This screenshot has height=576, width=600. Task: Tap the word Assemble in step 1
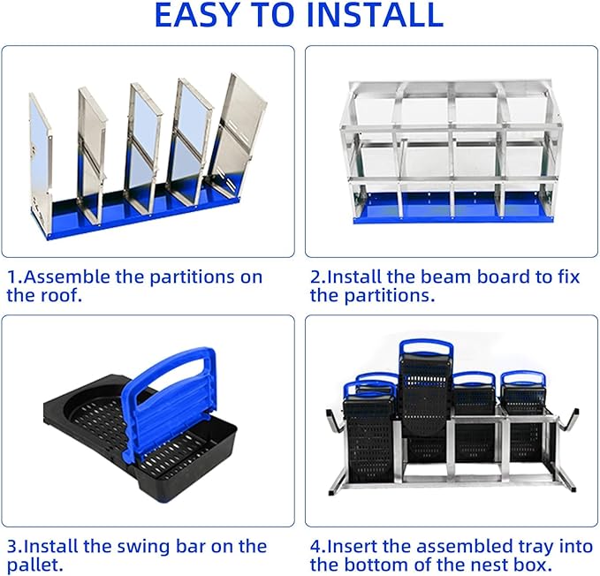pos(65,277)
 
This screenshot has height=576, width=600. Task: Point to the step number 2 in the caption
pos(315,277)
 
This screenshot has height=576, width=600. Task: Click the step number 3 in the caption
pos(11,546)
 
